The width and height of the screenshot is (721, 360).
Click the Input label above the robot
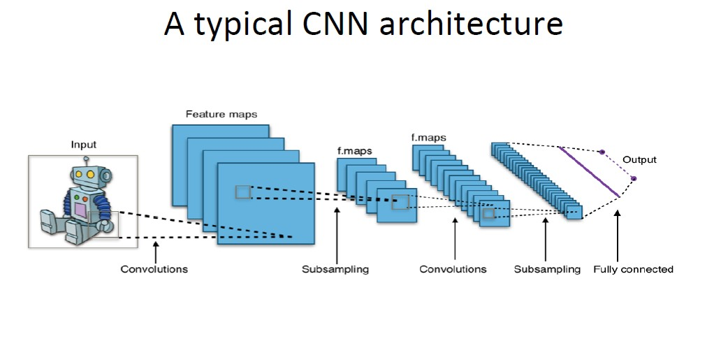(84, 145)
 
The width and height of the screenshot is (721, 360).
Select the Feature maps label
(221, 114)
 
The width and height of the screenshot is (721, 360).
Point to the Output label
(639, 159)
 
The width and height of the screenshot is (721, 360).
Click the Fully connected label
(633, 269)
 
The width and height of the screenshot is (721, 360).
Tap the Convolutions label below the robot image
(154, 269)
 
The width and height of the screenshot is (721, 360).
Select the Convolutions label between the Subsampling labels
(453, 269)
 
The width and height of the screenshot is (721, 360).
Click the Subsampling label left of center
(335, 269)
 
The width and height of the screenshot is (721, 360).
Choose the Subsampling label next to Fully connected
(547, 269)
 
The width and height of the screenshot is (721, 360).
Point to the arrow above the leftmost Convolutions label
(155, 252)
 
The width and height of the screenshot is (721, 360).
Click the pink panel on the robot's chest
(80, 210)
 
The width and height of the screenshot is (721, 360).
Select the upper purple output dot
(602, 152)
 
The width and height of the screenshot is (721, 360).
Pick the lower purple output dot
(634, 179)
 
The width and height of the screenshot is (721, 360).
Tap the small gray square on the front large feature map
(242, 192)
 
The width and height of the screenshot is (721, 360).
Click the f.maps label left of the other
(355, 150)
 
